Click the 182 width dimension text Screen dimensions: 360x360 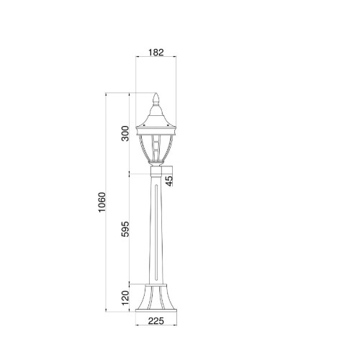tap(157, 52)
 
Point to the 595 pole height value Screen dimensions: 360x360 tap(125, 229)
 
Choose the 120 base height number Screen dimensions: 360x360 tap(125, 297)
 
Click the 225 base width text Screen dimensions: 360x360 tap(157, 323)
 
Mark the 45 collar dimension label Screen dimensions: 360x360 tap(169, 180)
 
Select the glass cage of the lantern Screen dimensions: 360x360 tap(156, 148)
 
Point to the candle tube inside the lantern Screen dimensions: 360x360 tap(156, 150)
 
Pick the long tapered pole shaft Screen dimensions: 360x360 tap(156, 230)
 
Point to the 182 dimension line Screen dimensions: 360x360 tap(157, 59)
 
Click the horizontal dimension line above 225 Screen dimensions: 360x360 tap(157, 316)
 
